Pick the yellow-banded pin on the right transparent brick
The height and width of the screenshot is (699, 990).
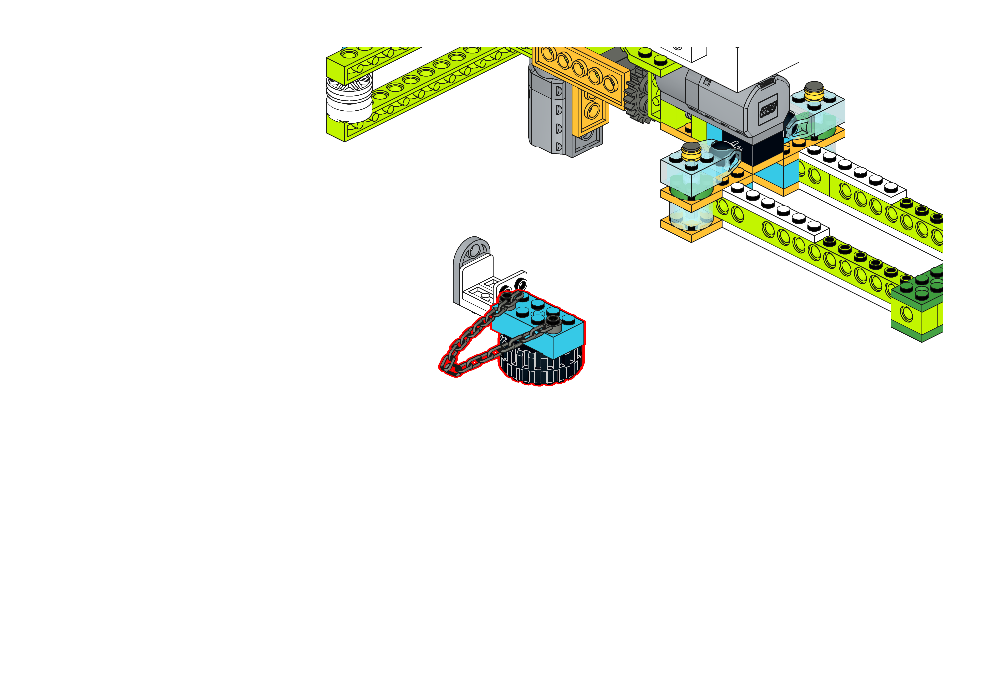click(814, 90)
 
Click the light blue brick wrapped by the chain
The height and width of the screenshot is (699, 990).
click(543, 327)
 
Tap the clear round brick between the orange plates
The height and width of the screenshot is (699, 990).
click(690, 215)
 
